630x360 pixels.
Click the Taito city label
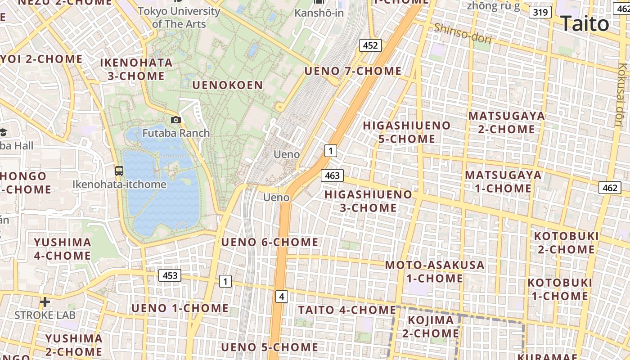point(585,23)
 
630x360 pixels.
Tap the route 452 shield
point(370,45)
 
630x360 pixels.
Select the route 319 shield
point(540,12)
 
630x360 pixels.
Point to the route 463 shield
point(332,175)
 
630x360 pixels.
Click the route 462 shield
point(610,188)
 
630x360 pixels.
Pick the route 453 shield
point(170,275)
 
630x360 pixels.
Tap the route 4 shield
point(281,296)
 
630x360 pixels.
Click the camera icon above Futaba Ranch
point(176,120)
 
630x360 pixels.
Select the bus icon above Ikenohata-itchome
point(119,171)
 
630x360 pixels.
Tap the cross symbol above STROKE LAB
point(45,301)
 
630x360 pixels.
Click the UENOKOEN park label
point(227,85)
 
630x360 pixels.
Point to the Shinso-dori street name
point(463,33)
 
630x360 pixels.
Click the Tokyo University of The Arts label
point(179,17)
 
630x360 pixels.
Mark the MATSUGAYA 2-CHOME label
point(506,122)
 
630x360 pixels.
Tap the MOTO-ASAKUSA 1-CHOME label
point(435,271)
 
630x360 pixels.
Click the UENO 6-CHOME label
point(270,242)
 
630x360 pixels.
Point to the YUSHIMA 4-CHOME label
point(63,249)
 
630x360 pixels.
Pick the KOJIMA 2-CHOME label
point(431,327)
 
